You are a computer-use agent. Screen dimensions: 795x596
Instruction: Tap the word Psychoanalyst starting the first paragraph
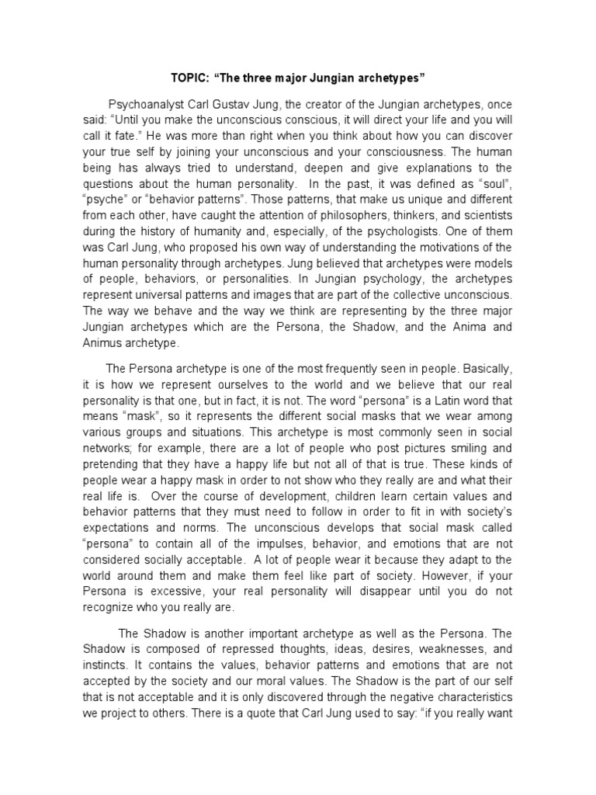pos(147,103)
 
